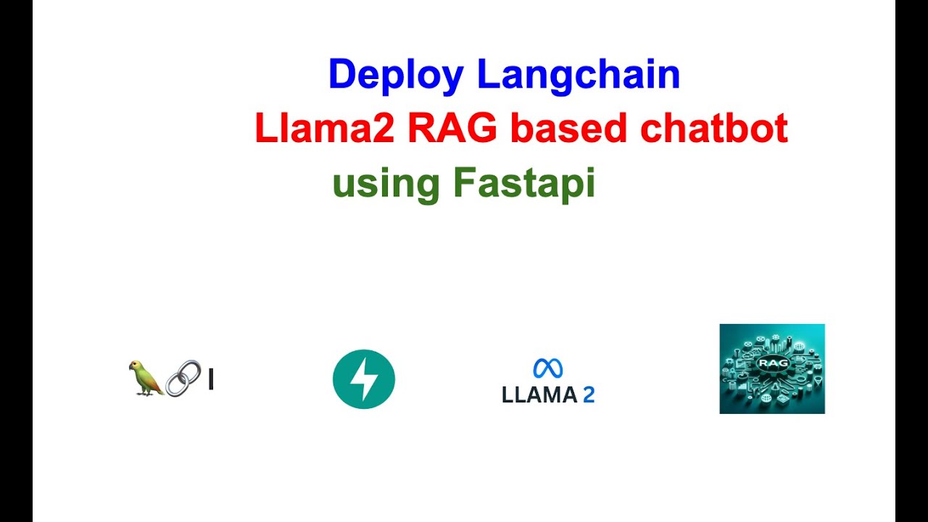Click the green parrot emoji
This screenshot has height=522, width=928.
(145, 378)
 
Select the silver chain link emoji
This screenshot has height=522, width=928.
(183, 378)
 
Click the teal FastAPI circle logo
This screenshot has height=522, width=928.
(364, 379)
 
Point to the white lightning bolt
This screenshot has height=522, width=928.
(364, 379)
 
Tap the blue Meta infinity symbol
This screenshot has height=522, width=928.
(548, 368)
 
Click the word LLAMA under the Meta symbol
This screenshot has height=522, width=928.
(539, 395)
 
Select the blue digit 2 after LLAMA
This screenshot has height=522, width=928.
(589, 395)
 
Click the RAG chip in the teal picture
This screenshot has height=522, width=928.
(771, 362)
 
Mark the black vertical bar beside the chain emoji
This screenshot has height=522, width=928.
(210, 379)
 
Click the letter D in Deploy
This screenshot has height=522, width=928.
(341, 75)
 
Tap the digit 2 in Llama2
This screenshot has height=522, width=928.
(384, 129)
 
